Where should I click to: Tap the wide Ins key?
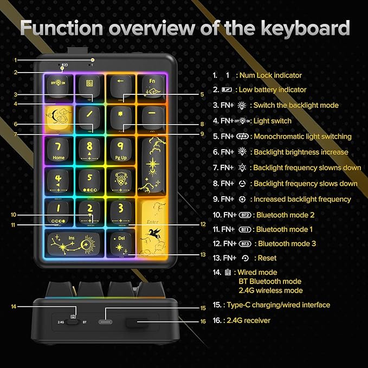[73, 242]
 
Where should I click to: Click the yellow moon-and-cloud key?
[58, 117]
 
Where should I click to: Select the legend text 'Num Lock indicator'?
[271, 75]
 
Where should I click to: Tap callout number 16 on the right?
[201, 321]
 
